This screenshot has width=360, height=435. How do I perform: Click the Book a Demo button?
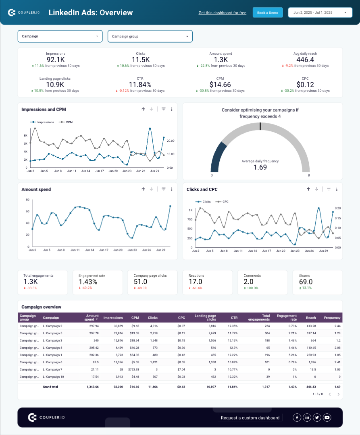pyautogui.click(x=268, y=12)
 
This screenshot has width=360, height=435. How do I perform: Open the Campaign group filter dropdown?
pyautogui.click(x=150, y=36)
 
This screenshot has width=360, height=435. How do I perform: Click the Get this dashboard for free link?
pyautogui.click(x=222, y=13)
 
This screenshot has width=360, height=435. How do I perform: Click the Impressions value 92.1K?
pyautogui.click(x=56, y=60)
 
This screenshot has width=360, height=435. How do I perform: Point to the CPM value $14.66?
pyautogui.click(x=220, y=85)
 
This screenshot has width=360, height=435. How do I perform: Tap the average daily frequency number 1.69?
pyautogui.click(x=260, y=167)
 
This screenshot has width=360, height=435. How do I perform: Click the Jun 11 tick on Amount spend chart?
pyautogui.click(x=75, y=250)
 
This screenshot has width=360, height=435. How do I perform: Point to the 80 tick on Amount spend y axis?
pyautogui.click(x=27, y=200)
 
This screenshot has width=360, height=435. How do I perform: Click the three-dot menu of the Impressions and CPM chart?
pyautogui.click(x=172, y=109)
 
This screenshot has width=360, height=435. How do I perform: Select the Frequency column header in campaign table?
pyautogui.click(x=332, y=317)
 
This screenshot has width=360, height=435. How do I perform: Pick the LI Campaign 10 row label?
pyautogui.click(x=53, y=377)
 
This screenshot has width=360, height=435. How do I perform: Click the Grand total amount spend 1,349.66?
pyautogui.click(x=92, y=387)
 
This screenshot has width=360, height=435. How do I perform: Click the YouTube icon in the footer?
pyautogui.click(x=327, y=418)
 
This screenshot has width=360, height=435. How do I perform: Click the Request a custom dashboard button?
pyautogui.click(x=250, y=418)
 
